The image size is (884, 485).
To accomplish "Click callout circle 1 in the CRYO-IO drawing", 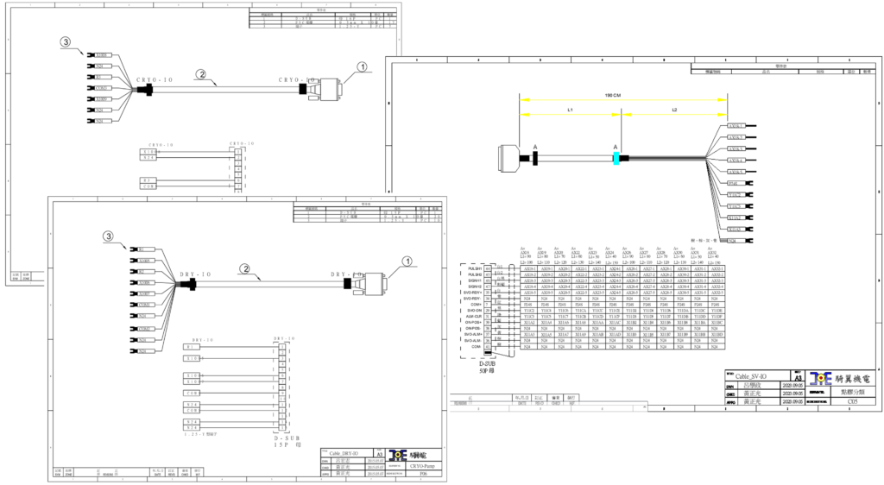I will [362, 66].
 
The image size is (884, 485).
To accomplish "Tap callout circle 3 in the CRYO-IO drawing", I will [66, 41].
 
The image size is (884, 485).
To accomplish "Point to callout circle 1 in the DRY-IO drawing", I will [407, 261].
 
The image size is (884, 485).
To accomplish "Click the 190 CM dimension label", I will [614, 96].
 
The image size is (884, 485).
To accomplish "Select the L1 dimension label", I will [570, 110].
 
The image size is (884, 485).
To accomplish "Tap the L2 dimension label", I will [675, 110].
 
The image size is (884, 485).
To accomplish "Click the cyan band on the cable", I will [616, 158].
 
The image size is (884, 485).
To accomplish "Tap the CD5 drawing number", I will [828, 400].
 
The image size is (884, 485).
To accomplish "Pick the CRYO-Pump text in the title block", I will [420, 464].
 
